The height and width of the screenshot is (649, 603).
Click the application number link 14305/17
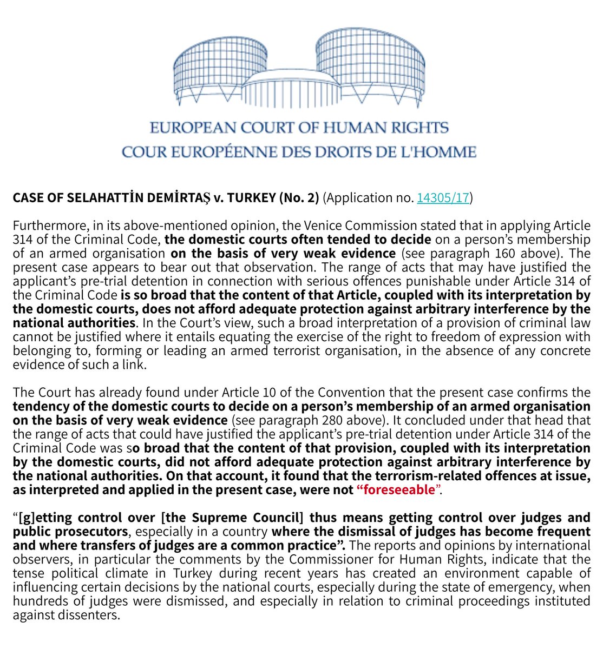click(443, 198)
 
